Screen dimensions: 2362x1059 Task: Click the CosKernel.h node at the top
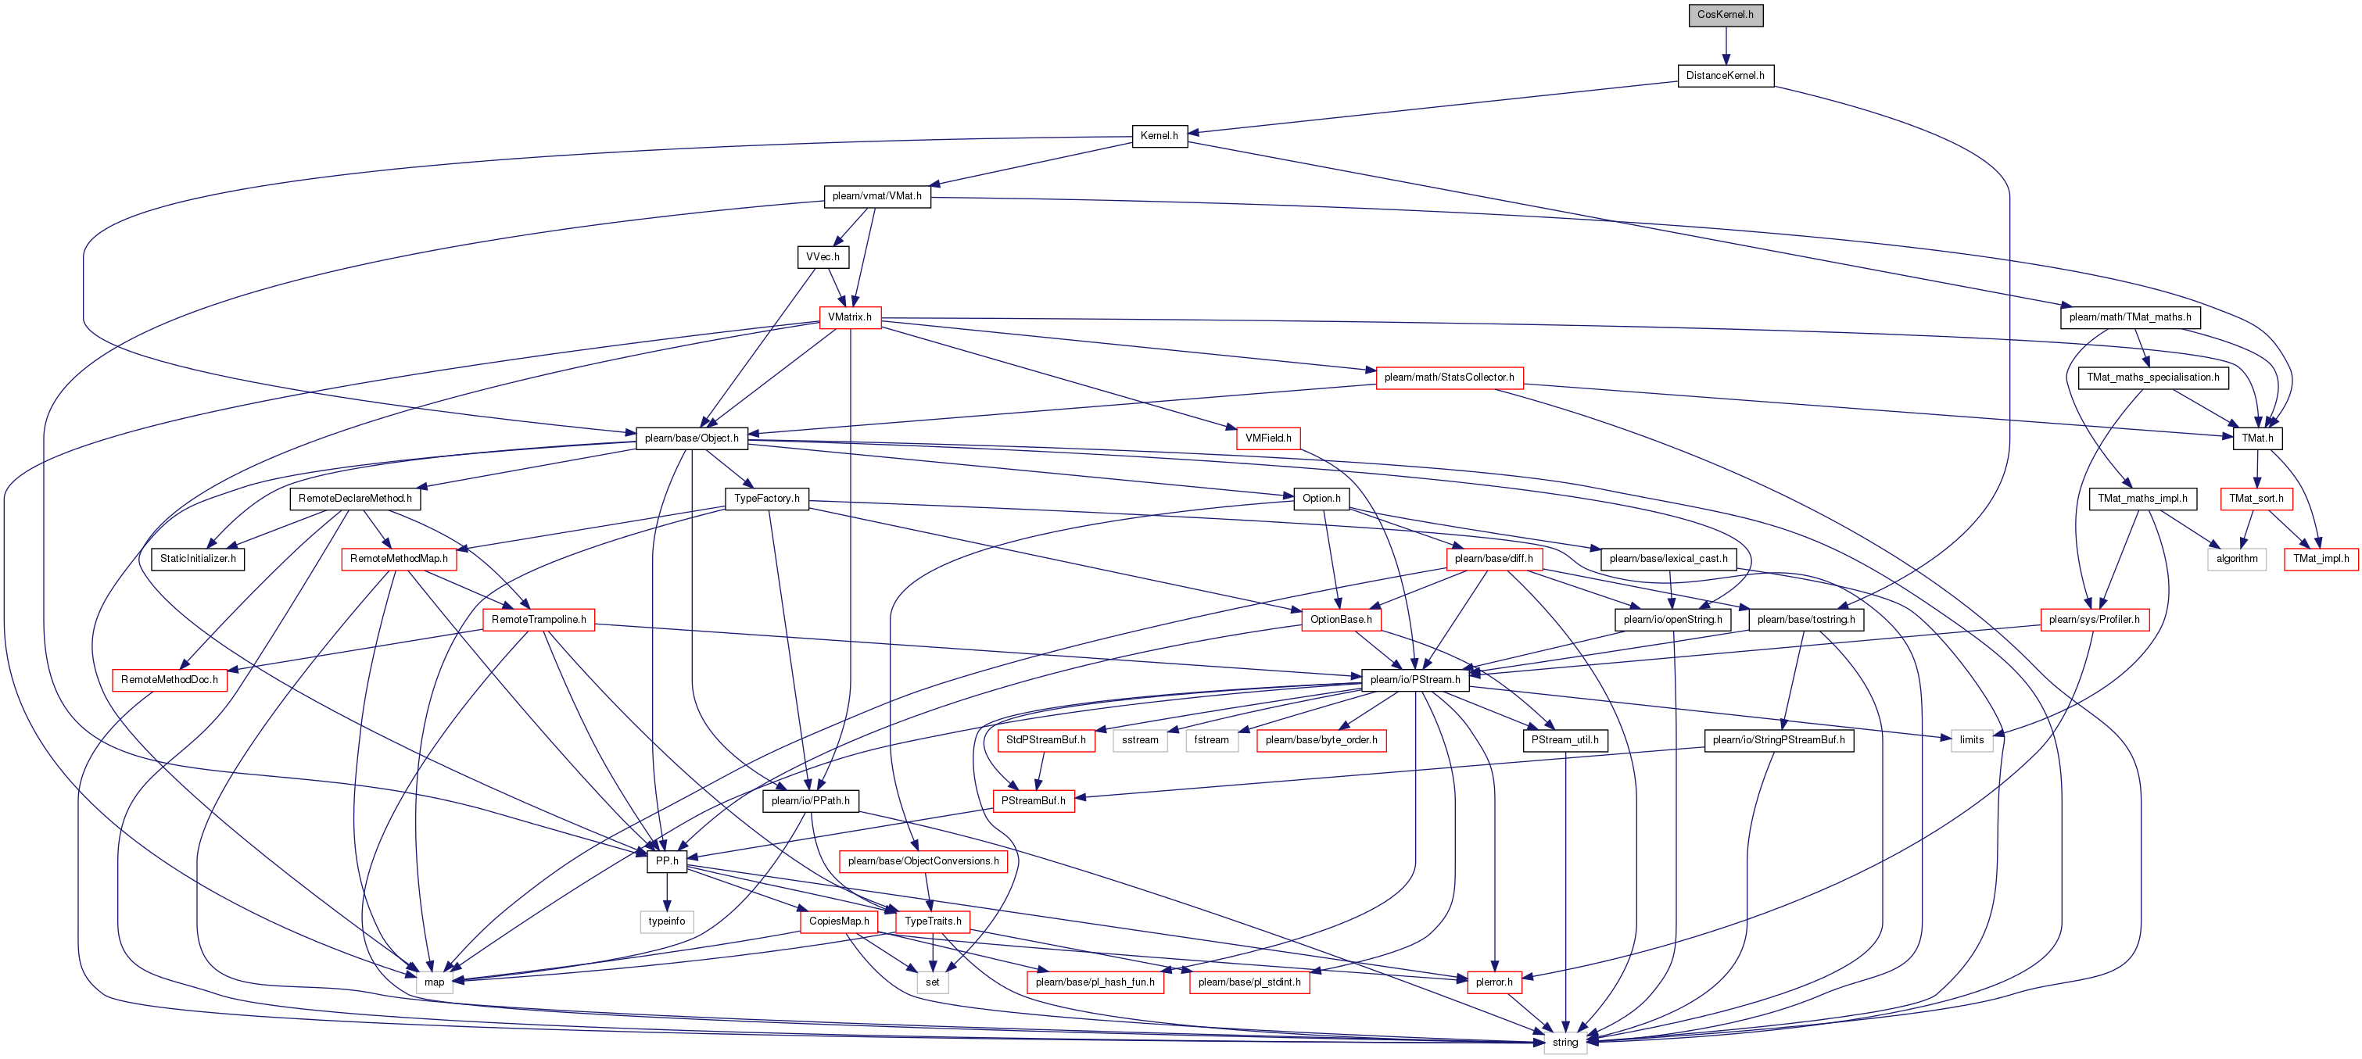(x=1725, y=15)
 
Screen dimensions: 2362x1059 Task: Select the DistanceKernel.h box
(x=1725, y=75)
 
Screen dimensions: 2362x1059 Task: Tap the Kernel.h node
(x=1159, y=136)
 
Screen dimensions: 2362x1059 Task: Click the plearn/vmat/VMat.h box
(x=876, y=196)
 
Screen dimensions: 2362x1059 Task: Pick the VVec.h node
(x=823, y=256)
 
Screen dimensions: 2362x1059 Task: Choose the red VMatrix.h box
(x=850, y=317)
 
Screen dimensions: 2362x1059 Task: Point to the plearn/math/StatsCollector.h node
(x=1449, y=377)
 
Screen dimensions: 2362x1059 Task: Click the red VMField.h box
(x=1268, y=438)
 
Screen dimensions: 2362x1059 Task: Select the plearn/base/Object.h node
(x=691, y=438)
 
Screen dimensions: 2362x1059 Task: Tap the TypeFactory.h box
(x=766, y=499)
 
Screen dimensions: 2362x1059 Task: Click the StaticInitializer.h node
(x=198, y=558)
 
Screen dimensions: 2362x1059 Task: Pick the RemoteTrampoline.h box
(x=538, y=620)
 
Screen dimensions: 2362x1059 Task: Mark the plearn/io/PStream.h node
(x=1415, y=679)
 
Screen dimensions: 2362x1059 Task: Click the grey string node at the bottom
(x=1565, y=1043)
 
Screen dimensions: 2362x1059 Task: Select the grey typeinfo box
(x=667, y=921)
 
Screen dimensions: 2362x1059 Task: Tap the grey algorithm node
(x=2236, y=558)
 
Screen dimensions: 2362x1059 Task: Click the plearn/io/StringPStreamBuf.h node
(x=1779, y=740)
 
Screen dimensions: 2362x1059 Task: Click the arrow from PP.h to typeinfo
(x=667, y=891)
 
